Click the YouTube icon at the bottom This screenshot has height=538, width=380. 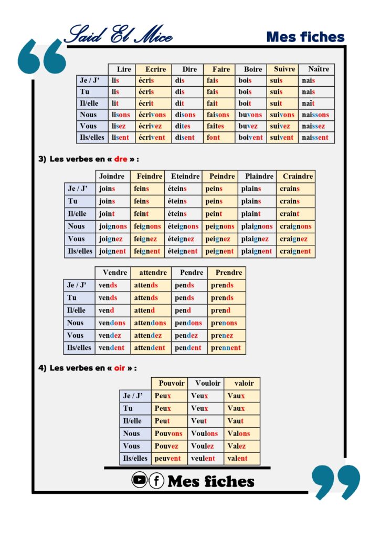tap(139, 480)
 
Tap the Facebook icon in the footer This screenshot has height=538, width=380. tap(156, 480)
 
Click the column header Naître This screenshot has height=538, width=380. tap(318, 69)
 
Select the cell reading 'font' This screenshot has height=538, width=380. tap(214, 138)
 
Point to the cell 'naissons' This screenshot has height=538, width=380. tap(315, 115)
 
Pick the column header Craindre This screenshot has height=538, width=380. tap(298, 177)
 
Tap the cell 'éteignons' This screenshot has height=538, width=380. tap(183, 226)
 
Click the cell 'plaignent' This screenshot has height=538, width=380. tap(256, 252)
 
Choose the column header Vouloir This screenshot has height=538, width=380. tap(207, 383)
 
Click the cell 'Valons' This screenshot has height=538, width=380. tap(239, 433)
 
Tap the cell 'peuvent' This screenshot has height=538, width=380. tap(167, 459)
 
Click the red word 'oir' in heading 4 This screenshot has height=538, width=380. tap(120, 368)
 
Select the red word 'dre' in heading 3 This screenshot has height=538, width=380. tap(121, 159)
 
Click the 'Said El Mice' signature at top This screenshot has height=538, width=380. tap(119, 34)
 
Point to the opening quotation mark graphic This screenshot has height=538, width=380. tap(42, 56)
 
